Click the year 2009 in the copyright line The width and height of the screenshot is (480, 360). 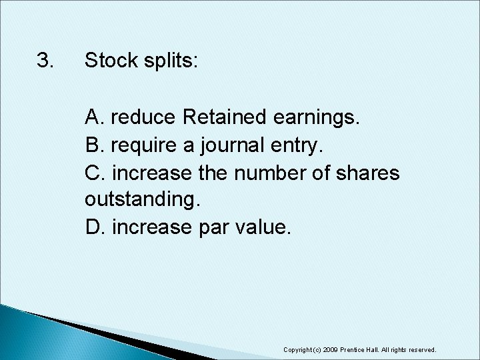pyautogui.click(x=331, y=349)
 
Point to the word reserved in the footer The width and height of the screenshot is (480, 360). pyautogui.click(x=423, y=349)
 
